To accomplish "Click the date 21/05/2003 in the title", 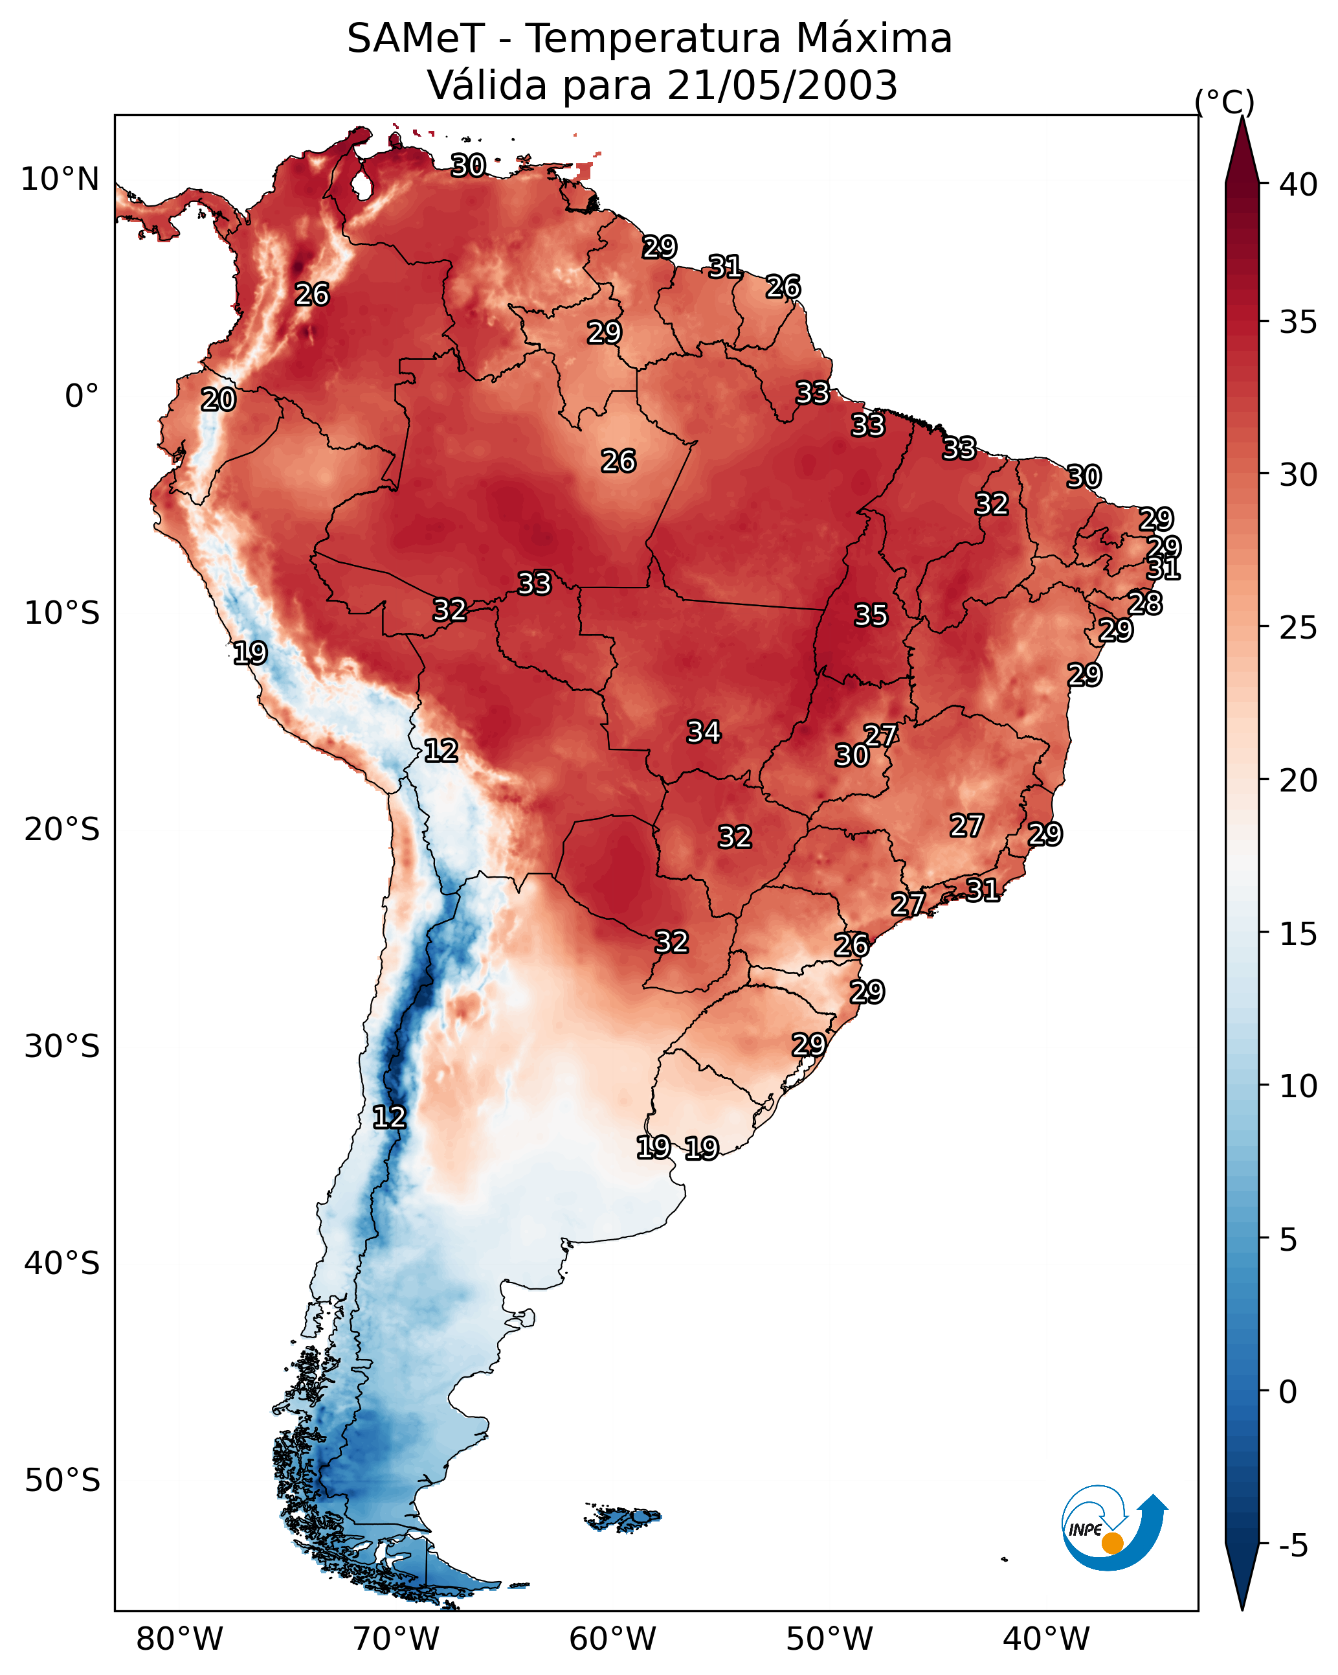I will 782,85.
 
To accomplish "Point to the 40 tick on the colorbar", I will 1299,185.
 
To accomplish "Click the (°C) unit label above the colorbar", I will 1225,102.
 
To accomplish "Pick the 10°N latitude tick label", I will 60,179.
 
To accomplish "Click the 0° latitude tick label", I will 82,396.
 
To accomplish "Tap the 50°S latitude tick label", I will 62,1481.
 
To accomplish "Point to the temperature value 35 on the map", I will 871,615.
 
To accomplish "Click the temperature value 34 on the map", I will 704,732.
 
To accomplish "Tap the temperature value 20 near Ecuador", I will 218,400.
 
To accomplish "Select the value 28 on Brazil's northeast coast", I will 1145,603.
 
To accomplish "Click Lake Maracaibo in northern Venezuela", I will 361,185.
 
